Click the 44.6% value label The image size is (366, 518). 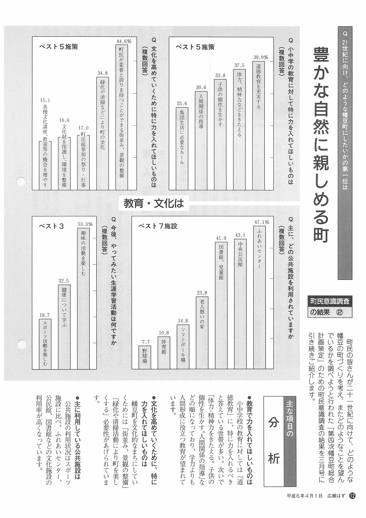pyautogui.click(x=124, y=41)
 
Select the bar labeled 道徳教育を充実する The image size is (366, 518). pyautogui.click(x=258, y=125)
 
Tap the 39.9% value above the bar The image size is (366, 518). pyautogui.click(x=260, y=57)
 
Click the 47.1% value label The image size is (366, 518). pyautogui.click(x=261, y=222)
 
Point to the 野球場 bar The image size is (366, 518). pyautogui.click(x=145, y=357)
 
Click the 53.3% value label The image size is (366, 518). pyautogui.click(x=85, y=224)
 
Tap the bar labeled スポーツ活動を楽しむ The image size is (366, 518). pyautogui.click(x=45, y=344)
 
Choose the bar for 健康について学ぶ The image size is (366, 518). pyautogui.click(x=64, y=326)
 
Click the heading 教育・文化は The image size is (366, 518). pyautogui.click(x=154, y=204)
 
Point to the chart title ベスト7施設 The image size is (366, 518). pyautogui.click(x=158, y=226)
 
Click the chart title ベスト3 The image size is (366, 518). pyautogui.click(x=51, y=226)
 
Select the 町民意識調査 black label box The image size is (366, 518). pyautogui.click(x=330, y=301)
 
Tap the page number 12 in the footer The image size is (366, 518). pyautogui.click(x=352, y=503)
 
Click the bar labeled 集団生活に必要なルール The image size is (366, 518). pyautogui.click(x=182, y=148)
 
